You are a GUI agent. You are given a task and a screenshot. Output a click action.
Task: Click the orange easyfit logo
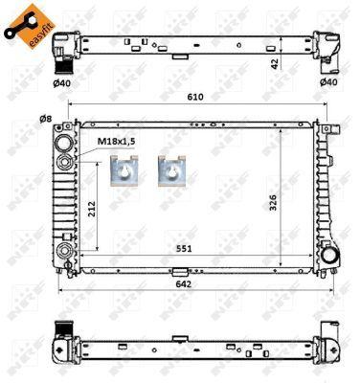pyautogui.click(x=30, y=26)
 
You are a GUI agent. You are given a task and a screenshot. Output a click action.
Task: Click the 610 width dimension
pyautogui.click(x=195, y=97)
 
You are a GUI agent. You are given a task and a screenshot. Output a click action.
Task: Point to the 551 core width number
pyautogui.click(x=184, y=248)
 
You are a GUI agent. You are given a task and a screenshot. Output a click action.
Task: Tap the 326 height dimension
pyautogui.click(x=273, y=202)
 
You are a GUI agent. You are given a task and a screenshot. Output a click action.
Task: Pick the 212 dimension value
pyautogui.click(x=92, y=209)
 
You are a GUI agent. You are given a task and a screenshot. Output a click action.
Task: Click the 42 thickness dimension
pyautogui.click(x=275, y=64)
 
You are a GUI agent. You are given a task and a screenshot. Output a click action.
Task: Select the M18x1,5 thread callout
pyautogui.click(x=117, y=142)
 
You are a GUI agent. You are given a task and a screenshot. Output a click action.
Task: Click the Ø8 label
pyautogui.click(x=45, y=119)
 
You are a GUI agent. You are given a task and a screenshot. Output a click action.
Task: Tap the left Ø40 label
pyautogui.click(x=61, y=83)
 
